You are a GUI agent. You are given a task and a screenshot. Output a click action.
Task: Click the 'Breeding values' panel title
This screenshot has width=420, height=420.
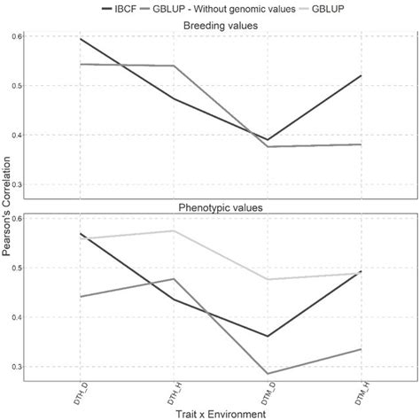click(x=221, y=26)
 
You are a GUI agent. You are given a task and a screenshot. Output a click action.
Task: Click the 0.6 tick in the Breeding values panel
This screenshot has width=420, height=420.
click(x=18, y=36)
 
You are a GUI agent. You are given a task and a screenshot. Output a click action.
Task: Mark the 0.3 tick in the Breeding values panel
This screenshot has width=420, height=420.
click(x=18, y=184)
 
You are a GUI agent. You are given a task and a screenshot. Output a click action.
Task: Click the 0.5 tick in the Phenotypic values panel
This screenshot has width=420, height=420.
click(x=18, y=268)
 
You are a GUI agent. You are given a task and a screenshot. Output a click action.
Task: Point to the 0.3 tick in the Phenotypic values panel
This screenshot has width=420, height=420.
click(x=18, y=366)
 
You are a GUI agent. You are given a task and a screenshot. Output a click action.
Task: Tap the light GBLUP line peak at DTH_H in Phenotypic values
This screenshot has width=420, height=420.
click(x=173, y=231)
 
